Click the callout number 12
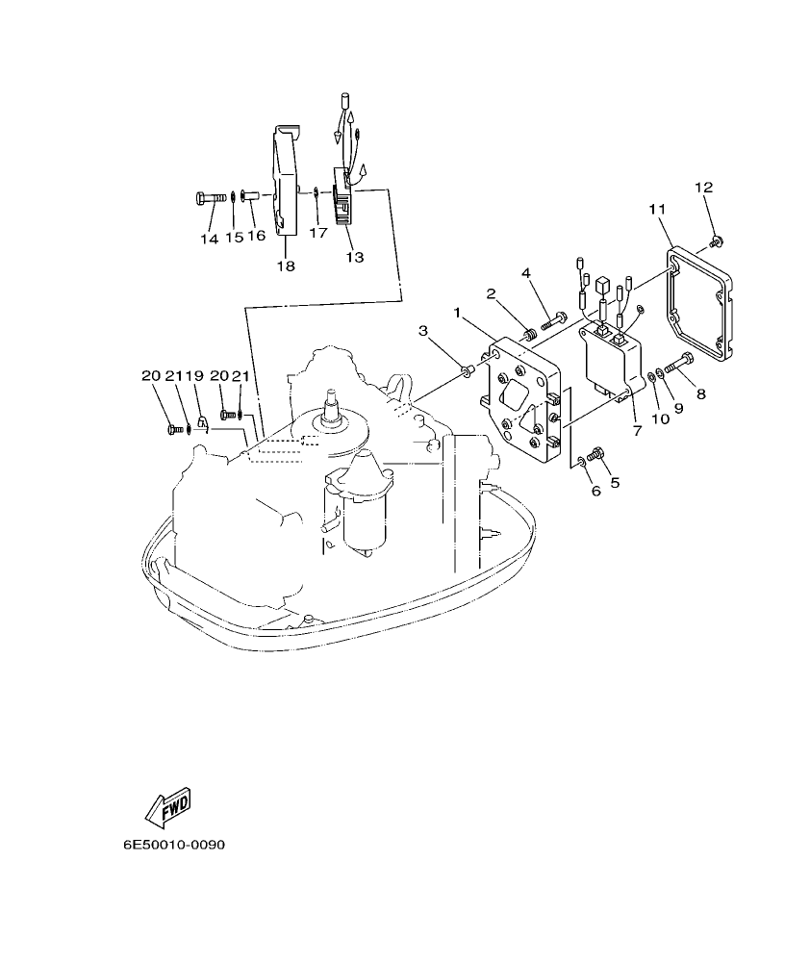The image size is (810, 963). tap(703, 187)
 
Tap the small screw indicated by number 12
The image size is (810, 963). tap(715, 239)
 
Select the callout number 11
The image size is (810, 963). tap(657, 209)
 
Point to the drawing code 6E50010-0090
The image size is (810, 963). tap(173, 846)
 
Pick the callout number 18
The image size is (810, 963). tap(286, 265)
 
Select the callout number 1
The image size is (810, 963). tap(458, 313)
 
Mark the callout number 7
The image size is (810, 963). tap(637, 431)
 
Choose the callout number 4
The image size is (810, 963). tap(526, 273)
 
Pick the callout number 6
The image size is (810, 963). tap(595, 491)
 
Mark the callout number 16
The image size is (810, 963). tap(256, 236)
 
